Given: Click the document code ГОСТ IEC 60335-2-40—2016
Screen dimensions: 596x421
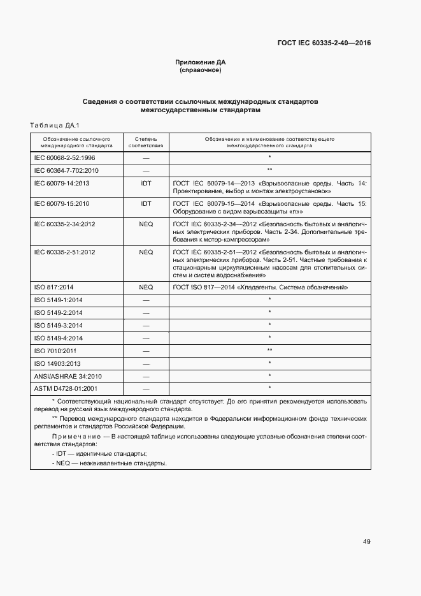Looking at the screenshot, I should pyautogui.click(x=323, y=43).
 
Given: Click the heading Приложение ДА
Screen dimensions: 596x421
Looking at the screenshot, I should pyautogui.click(x=201, y=62).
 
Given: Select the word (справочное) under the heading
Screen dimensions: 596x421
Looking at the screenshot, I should pyautogui.click(x=201, y=70).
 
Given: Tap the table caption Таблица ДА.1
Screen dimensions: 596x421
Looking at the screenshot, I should pyautogui.click(x=54, y=125).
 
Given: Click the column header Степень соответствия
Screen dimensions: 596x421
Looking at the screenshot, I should pyautogui.click(x=146, y=142).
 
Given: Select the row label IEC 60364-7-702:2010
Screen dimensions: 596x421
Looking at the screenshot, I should pyautogui.click(x=66, y=170).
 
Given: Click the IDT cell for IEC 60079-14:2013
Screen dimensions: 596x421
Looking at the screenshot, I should pyautogui.click(x=146, y=184).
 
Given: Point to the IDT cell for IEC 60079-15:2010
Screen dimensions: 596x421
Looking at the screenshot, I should pyautogui.click(x=146, y=204).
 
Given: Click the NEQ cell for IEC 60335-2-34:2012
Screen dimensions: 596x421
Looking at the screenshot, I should pyautogui.click(x=146, y=224).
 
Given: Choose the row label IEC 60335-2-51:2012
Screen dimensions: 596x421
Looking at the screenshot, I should pyautogui.click(x=64, y=252).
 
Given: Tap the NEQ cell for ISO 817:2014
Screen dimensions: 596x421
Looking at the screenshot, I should pyautogui.click(x=146, y=287).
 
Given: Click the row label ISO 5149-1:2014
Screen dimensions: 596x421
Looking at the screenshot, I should pyautogui.click(x=58, y=300).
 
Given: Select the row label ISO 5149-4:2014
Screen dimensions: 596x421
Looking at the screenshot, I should pyautogui.click(x=58, y=338).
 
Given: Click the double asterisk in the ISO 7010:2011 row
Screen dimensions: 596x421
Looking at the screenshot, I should pyautogui.click(x=270, y=351).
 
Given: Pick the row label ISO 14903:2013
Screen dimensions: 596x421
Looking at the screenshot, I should pyautogui.click(x=58, y=363).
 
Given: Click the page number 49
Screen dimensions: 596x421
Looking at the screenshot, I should pyautogui.click(x=367, y=542).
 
